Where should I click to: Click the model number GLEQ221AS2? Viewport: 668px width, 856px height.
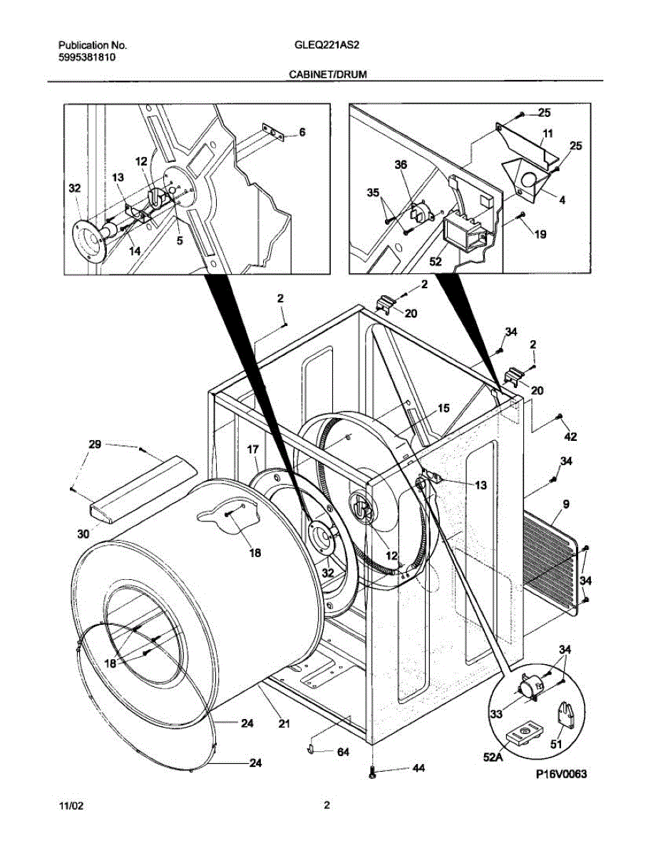327,45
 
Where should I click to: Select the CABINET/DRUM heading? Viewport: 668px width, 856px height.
327,74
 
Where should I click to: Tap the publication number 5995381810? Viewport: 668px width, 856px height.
87,58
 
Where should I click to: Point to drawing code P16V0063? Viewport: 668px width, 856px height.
561,774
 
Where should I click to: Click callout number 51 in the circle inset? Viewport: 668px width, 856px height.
556,744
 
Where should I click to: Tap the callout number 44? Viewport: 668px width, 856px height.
418,768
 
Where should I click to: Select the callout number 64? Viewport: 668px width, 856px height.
343,752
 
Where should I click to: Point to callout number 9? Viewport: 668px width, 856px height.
565,504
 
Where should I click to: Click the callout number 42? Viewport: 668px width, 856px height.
570,436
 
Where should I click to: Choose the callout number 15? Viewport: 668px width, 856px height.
443,408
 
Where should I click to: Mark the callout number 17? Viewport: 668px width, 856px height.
252,449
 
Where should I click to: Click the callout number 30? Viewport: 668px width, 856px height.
83,534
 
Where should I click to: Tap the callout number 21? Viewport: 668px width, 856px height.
284,723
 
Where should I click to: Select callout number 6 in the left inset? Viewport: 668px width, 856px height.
302,132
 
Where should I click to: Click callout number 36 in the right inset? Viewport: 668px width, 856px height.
401,165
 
